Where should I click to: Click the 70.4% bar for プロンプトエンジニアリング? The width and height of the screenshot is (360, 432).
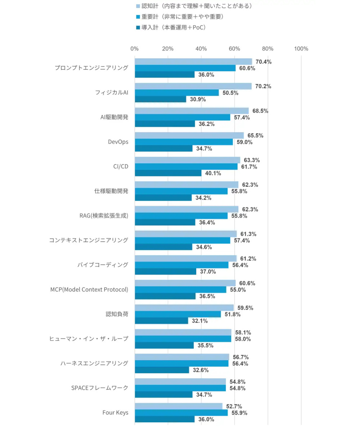click(193, 62)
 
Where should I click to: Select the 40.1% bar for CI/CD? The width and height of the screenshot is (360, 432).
click(168, 173)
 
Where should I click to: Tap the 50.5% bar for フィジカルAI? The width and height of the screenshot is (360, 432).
click(177, 93)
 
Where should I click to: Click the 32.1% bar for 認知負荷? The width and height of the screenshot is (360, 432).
click(161, 321)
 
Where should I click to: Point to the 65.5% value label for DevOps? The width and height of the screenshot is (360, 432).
click(255, 135)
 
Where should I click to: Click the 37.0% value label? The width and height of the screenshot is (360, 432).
click(208, 271)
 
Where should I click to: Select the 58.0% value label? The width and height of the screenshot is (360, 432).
click(243, 339)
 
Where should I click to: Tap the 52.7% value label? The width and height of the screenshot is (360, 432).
click(234, 406)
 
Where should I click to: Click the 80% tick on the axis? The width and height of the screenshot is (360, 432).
click(268, 49)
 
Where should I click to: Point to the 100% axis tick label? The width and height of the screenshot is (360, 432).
click(301, 49)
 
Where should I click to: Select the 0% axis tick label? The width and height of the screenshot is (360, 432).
click(135, 49)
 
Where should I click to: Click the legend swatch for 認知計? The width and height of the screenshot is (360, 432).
click(138, 6)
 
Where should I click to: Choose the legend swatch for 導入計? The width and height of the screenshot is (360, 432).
click(138, 27)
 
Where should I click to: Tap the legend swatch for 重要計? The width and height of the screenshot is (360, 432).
click(138, 17)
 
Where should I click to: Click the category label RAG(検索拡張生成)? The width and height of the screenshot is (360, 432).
click(104, 216)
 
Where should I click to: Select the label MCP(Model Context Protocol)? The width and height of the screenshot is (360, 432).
click(89, 289)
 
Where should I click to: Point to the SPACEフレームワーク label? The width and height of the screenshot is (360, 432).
click(100, 388)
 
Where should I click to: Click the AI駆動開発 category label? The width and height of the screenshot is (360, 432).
click(114, 117)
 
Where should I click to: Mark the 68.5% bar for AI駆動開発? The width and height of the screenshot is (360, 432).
click(192, 111)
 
